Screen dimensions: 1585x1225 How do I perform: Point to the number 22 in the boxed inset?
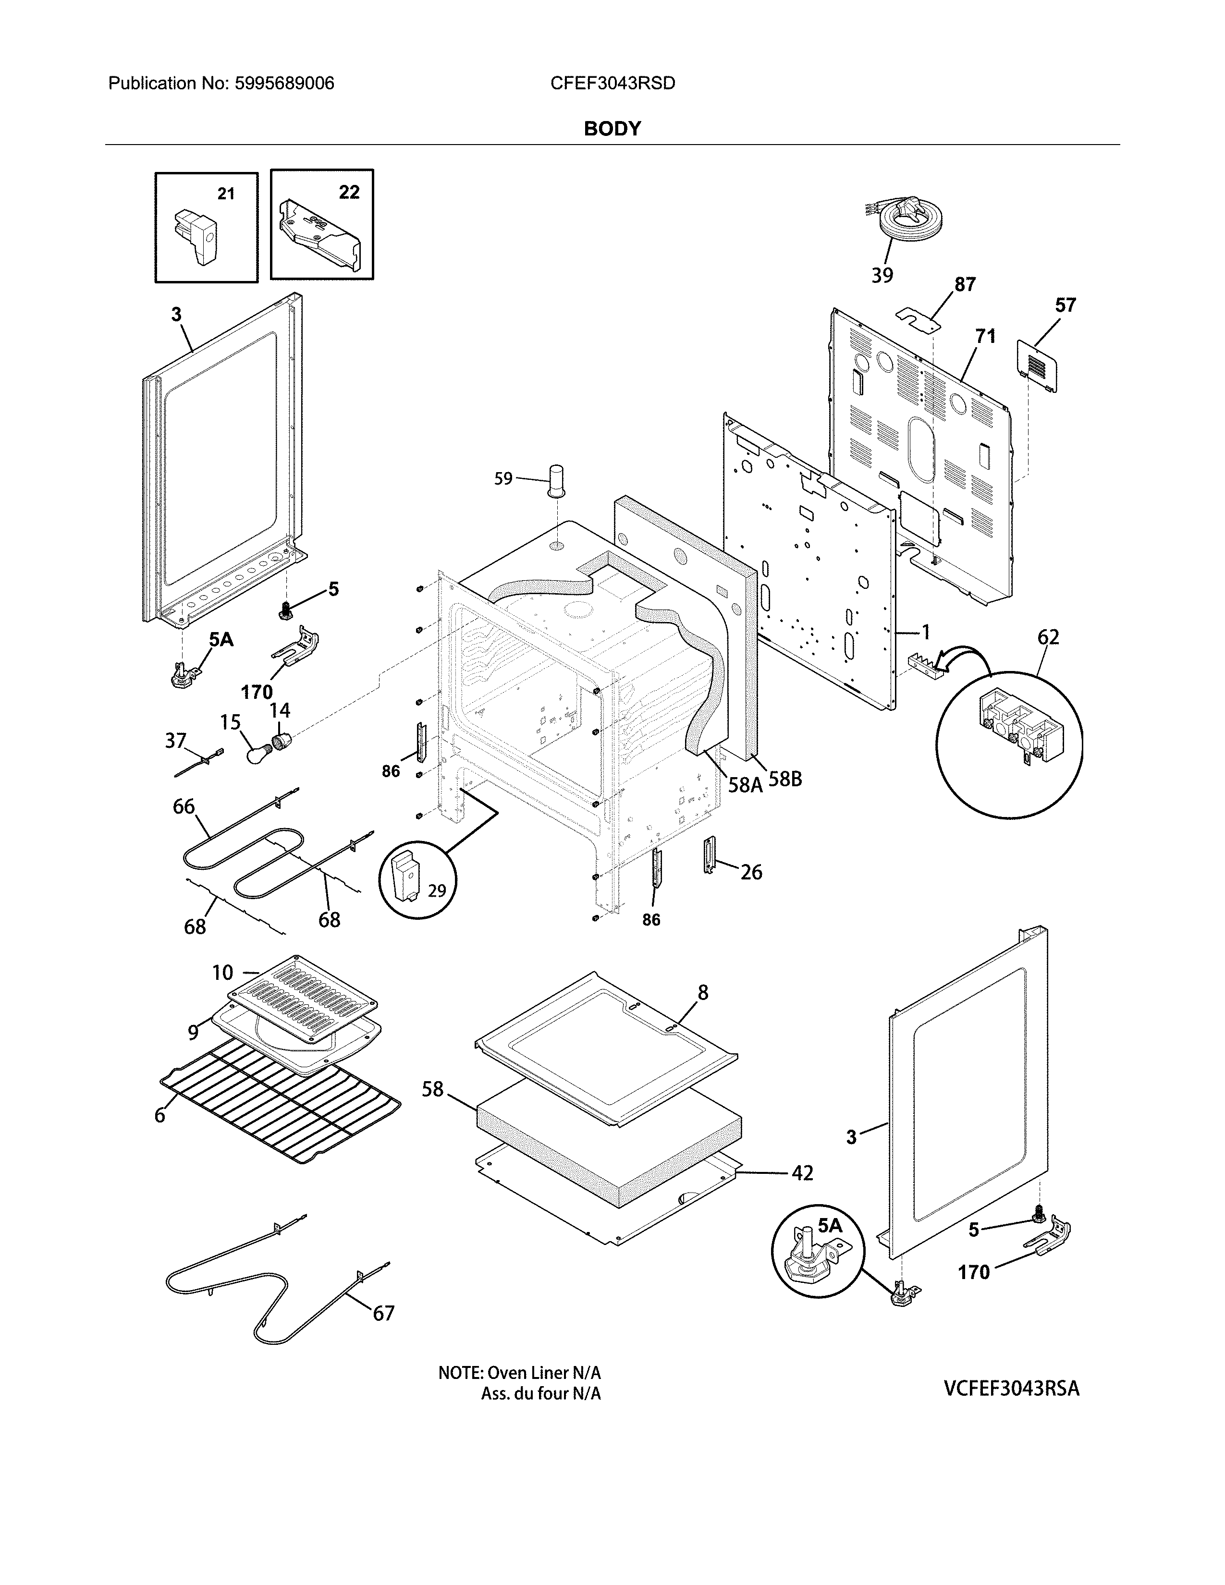(x=349, y=192)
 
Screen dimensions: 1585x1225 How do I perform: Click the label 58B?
(x=784, y=780)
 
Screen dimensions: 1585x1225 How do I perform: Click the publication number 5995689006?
(x=284, y=84)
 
